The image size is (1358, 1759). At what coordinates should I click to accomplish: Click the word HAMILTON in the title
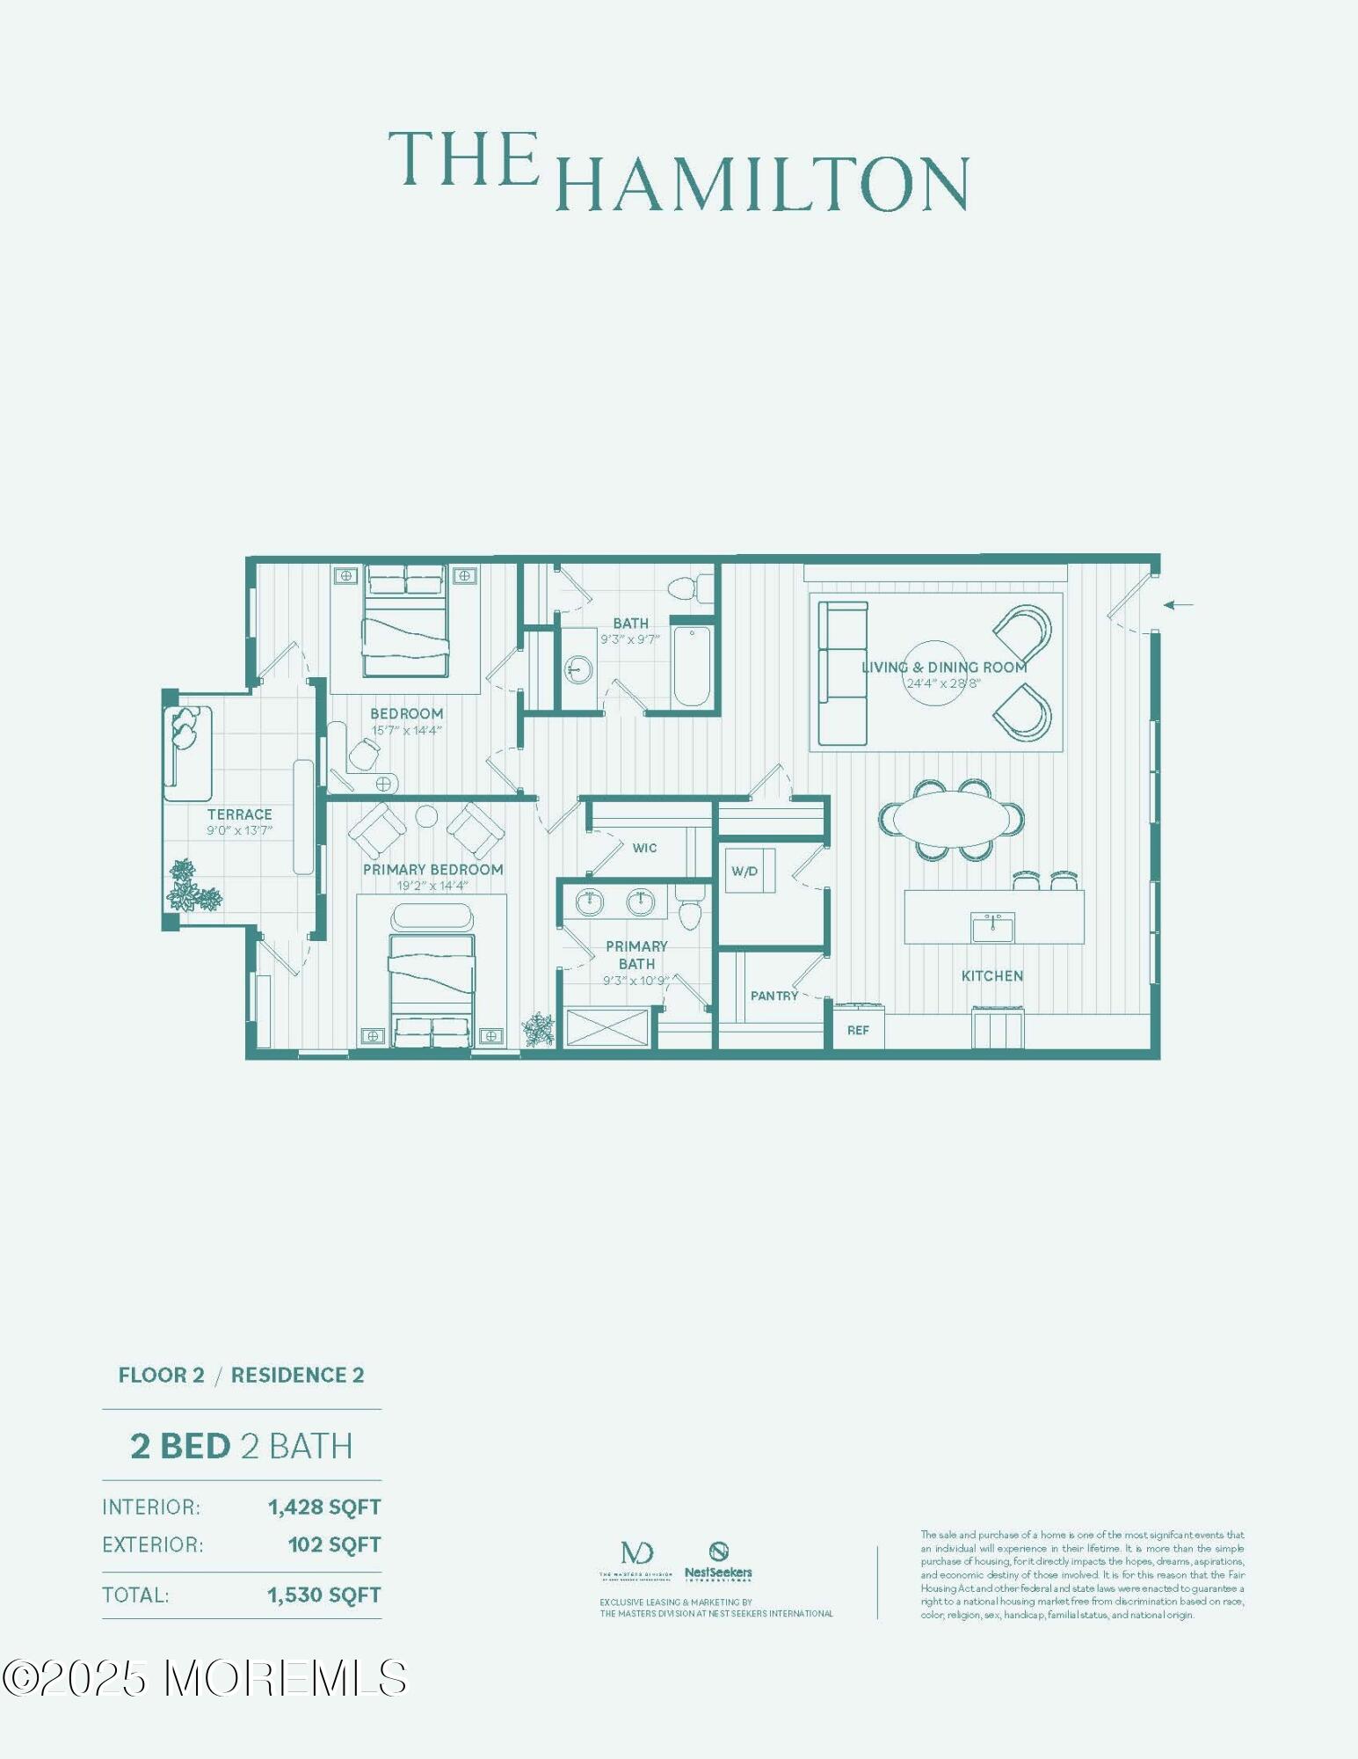click(x=762, y=184)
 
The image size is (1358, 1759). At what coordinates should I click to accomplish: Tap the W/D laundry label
click(x=744, y=872)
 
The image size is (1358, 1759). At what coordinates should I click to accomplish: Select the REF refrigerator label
click(x=858, y=1030)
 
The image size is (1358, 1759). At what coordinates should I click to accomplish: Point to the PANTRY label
click(x=773, y=996)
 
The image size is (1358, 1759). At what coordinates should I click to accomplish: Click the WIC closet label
click(x=644, y=848)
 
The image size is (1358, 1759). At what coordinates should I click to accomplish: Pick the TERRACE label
click(x=239, y=814)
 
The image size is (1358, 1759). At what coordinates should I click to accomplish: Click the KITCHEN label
click(x=991, y=975)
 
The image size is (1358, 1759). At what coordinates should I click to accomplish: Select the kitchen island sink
click(x=992, y=928)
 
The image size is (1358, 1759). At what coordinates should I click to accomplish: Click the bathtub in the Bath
click(x=692, y=666)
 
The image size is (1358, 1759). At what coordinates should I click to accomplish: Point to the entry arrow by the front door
click(x=1178, y=604)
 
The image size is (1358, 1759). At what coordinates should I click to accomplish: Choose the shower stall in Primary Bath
click(x=606, y=1027)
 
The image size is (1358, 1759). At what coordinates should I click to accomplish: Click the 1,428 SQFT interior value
click(x=324, y=1507)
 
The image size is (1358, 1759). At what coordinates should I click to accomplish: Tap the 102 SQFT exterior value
click(x=334, y=1544)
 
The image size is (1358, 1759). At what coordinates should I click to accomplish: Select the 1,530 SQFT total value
click(x=323, y=1595)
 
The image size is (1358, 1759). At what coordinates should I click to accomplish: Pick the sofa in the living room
click(x=842, y=674)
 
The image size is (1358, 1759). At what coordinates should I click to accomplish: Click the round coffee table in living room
click(x=934, y=673)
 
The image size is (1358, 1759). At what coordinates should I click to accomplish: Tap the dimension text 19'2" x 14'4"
click(x=432, y=886)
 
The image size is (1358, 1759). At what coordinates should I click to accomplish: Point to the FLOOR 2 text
click(x=161, y=1376)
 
